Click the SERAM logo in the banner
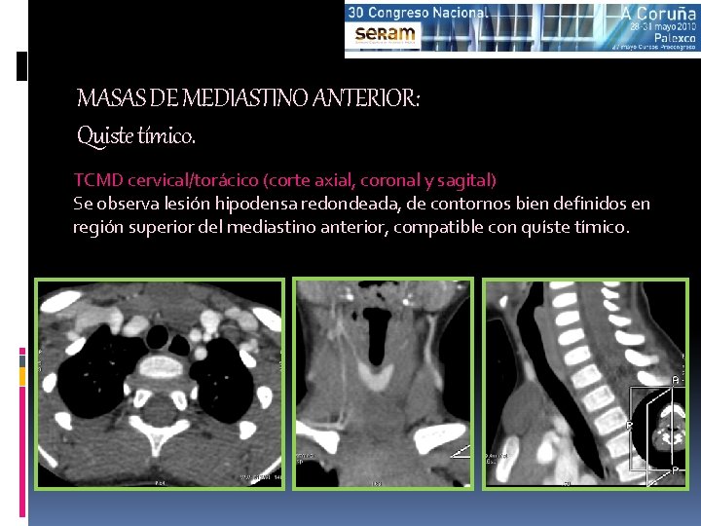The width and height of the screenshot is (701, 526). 386,34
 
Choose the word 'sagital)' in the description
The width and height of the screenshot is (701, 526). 466,180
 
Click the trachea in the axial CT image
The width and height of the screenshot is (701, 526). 161,336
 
